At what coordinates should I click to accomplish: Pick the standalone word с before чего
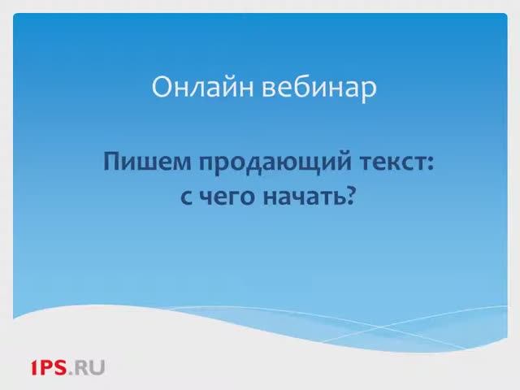[184, 197]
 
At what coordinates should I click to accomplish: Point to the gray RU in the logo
[91, 368]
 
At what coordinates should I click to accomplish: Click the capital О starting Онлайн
[162, 87]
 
